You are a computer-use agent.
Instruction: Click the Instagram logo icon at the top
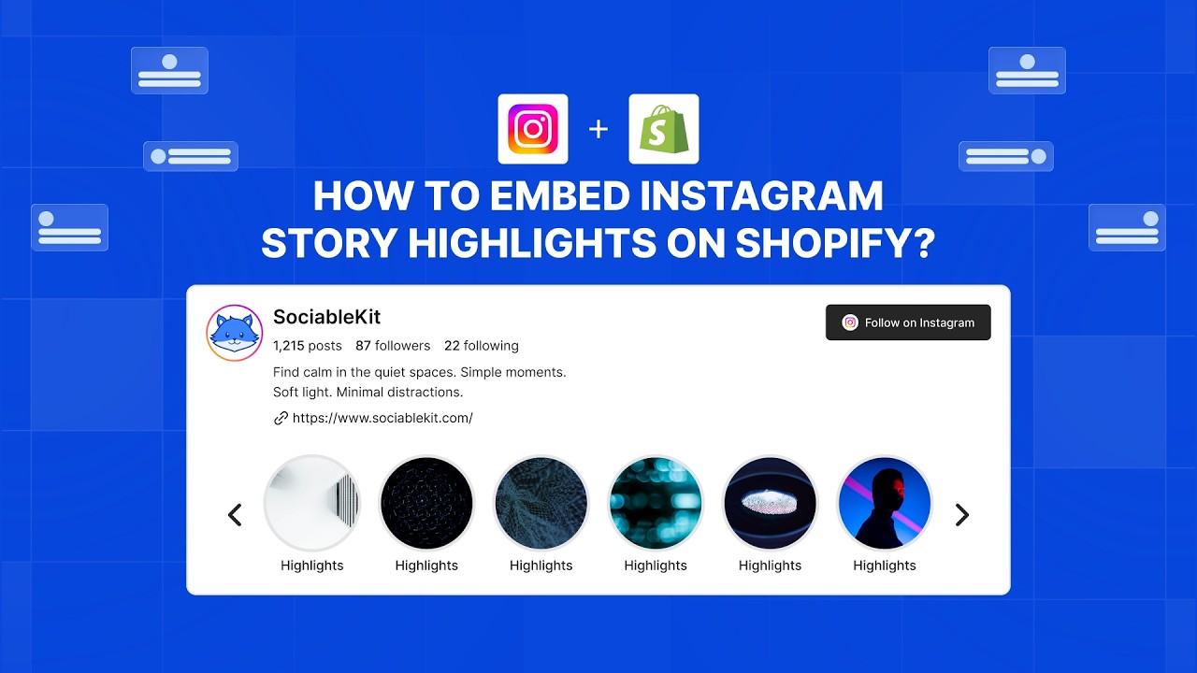tap(533, 129)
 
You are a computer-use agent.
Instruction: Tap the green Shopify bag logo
tap(664, 129)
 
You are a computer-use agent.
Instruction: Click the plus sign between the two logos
tap(598, 129)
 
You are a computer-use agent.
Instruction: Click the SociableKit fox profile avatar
tap(235, 333)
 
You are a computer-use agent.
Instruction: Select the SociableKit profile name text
tap(326, 317)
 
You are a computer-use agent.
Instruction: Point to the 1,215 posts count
tap(308, 346)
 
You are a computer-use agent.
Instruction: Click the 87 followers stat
tap(393, 346)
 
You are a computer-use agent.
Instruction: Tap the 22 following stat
tap(481, 346)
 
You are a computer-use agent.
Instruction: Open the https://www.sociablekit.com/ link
tap(382, 418)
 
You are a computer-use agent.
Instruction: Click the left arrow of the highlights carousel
tap(235, 515)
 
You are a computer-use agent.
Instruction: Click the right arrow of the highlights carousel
tap(961, 515)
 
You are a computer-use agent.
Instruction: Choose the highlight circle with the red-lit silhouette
tap(885, 504)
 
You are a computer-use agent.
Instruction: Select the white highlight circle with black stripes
tap(312, 504)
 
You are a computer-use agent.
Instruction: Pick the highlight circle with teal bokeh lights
tap(656, 504)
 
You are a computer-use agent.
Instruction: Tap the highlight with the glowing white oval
tap(771, 504)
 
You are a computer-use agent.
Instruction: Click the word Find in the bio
tap(286, 372)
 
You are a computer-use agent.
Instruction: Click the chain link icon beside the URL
tap(281, 418)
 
